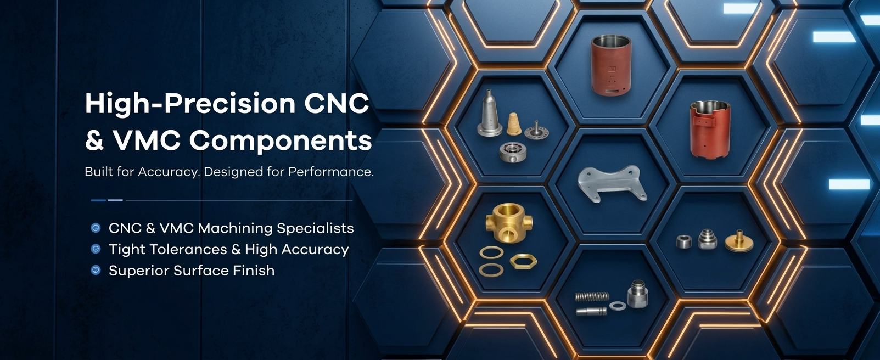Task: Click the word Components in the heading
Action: [281, 140]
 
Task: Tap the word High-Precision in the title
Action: [190, 104]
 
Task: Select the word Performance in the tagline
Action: [331, 172]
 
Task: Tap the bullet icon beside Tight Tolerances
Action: [96, 249]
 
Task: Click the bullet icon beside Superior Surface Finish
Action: [96, 270]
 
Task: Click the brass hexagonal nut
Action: [523, 261]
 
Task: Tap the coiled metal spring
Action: [592, 296]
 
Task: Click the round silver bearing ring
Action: [513, 152]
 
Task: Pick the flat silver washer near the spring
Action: [618, 306]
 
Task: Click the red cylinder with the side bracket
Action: [710, 129]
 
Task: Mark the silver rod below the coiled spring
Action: [591, 312]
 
